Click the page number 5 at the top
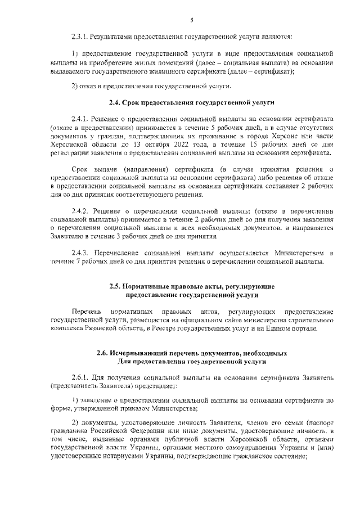click(x=192, y=20)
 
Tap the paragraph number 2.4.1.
click(x=82, y=120)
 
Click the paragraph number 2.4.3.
click(x=82, y=253)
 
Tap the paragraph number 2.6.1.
click(x=82, y=377)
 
